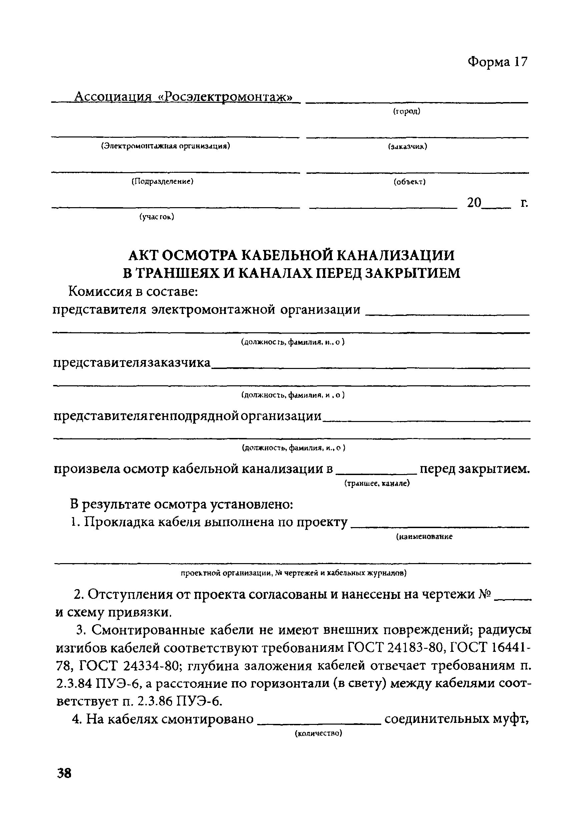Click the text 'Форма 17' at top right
click(498, 62)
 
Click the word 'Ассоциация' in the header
click(112, 97)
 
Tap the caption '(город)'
click(407, 112)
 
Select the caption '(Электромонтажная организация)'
click(165, 146)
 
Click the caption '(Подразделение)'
click(162, 181)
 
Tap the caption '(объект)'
click(410, 182)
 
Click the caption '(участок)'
click(157, 217)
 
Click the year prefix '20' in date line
click(474, 202)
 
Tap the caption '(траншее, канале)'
click(377, 483)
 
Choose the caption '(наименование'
click(424, 537)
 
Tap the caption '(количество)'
click(319, 734)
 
